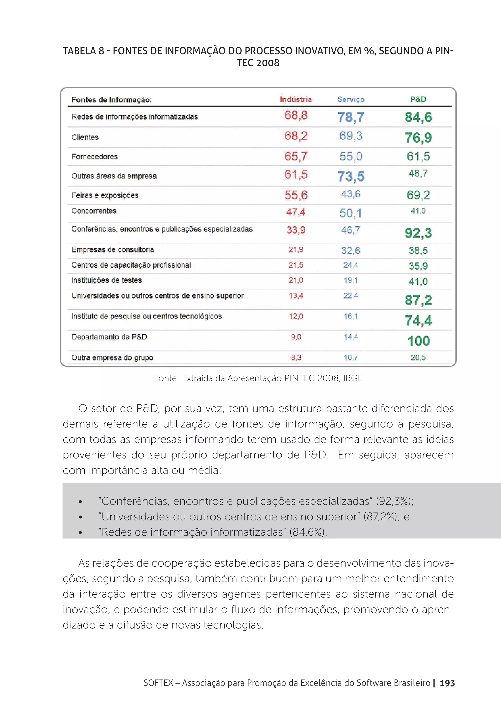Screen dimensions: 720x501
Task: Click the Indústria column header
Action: [296, 99]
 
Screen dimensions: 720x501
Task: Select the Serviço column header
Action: [351, 99]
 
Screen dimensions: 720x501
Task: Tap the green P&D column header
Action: [418, 99]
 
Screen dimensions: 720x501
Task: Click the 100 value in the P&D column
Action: [419, 341]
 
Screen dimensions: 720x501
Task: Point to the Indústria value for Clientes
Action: [296, 136]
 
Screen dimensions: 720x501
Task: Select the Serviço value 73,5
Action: [351, 176]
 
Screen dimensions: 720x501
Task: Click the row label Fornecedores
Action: [94, 157]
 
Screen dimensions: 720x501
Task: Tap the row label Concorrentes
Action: [94, 211]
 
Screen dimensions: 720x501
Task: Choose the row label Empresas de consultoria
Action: [113, 250]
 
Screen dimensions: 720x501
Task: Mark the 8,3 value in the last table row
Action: [296, 358]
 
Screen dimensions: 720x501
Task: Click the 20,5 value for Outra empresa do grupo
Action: [418, 358]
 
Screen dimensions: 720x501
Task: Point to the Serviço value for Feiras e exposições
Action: [351, 194]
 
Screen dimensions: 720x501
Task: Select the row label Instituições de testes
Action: [106, 280]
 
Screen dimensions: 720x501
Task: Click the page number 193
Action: [447, 683]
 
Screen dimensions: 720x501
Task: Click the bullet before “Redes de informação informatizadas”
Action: [81, 532]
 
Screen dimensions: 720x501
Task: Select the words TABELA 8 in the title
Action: [83, 51]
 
